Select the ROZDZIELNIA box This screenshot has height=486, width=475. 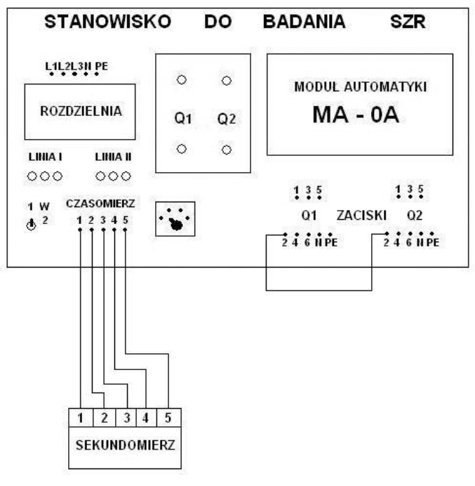pos(79,112)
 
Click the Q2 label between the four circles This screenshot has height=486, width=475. pos(227,120)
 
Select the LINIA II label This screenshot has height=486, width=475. pos(113,157)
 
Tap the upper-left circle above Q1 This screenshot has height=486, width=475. pos(181,81)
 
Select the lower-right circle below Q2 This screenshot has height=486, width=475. pos(227,150)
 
